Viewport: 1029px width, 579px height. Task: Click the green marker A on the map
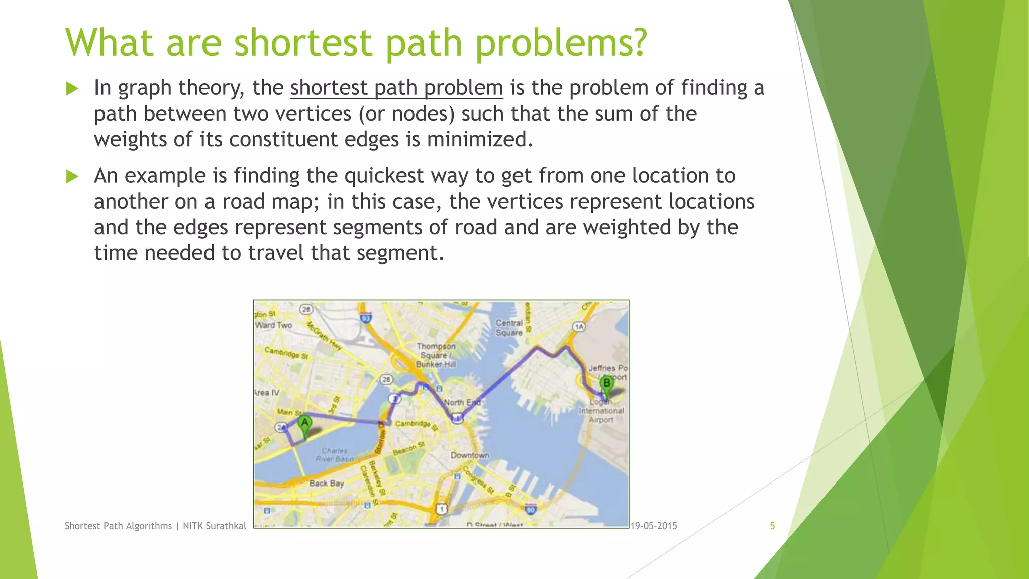(304, 424)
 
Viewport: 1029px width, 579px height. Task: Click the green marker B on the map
(607, 384)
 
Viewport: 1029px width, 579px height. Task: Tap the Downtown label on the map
(470, 455)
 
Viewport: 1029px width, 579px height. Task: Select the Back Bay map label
(327, 483)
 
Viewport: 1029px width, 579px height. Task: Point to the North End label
(462, 402)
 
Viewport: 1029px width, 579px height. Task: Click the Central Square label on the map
(509, 328)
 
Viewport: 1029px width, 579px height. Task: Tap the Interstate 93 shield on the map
(366, 318)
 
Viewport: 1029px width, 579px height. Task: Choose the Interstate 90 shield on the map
(531, 510)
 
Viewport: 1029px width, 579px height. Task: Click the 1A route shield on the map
(579, 327)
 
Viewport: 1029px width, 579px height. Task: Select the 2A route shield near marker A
(281, 427)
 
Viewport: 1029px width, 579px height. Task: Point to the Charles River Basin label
(335, 455)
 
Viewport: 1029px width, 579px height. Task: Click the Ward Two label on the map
(274, 325)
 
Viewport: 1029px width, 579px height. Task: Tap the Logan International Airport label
(601, 411)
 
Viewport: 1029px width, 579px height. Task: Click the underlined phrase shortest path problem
(396, 88)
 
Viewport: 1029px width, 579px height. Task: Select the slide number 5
(772, 526)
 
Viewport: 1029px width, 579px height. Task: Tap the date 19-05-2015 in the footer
(654, 526)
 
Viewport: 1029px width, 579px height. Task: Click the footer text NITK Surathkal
(215, 526)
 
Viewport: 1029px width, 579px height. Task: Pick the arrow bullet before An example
(73, 176)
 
